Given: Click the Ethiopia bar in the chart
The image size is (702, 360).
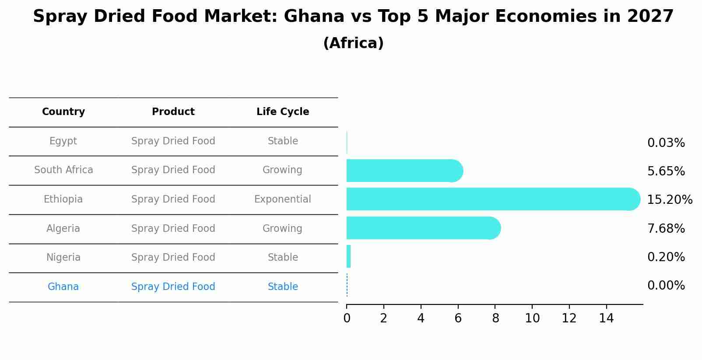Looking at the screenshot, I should [x=490, y=199].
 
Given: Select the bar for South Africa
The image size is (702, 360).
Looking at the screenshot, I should [x=403, y=171].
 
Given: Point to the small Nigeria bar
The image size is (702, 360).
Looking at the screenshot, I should [x=349, y=256].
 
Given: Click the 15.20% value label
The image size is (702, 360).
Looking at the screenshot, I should [x=669, y=200].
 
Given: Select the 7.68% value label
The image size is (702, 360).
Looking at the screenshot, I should [x=666, y=228].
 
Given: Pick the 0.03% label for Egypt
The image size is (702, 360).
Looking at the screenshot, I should [x=666, y=143].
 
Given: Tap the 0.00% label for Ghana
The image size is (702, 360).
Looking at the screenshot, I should [x=666, y=286].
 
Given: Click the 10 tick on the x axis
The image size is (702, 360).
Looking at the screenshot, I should [x=532, y=318].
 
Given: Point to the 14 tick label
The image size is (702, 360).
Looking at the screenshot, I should [x=606, y=318].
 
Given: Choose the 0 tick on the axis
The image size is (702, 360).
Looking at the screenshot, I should [x=347, y=318].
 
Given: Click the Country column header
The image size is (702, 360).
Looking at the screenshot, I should [x=63, y=112].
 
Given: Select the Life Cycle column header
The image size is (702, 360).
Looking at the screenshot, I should [x=283, y=112].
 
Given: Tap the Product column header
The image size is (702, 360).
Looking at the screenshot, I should [x=173, y=112].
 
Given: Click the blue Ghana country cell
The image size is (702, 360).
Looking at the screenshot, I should [x=63, y=287].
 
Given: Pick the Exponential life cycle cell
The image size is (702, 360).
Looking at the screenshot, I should [x=283, y=199].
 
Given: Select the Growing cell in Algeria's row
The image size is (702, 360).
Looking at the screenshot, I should [x=283, y=228].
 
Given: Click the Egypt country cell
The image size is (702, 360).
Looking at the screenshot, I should [x=63, y=141].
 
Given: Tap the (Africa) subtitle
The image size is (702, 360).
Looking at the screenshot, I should [x=353, y=43].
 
